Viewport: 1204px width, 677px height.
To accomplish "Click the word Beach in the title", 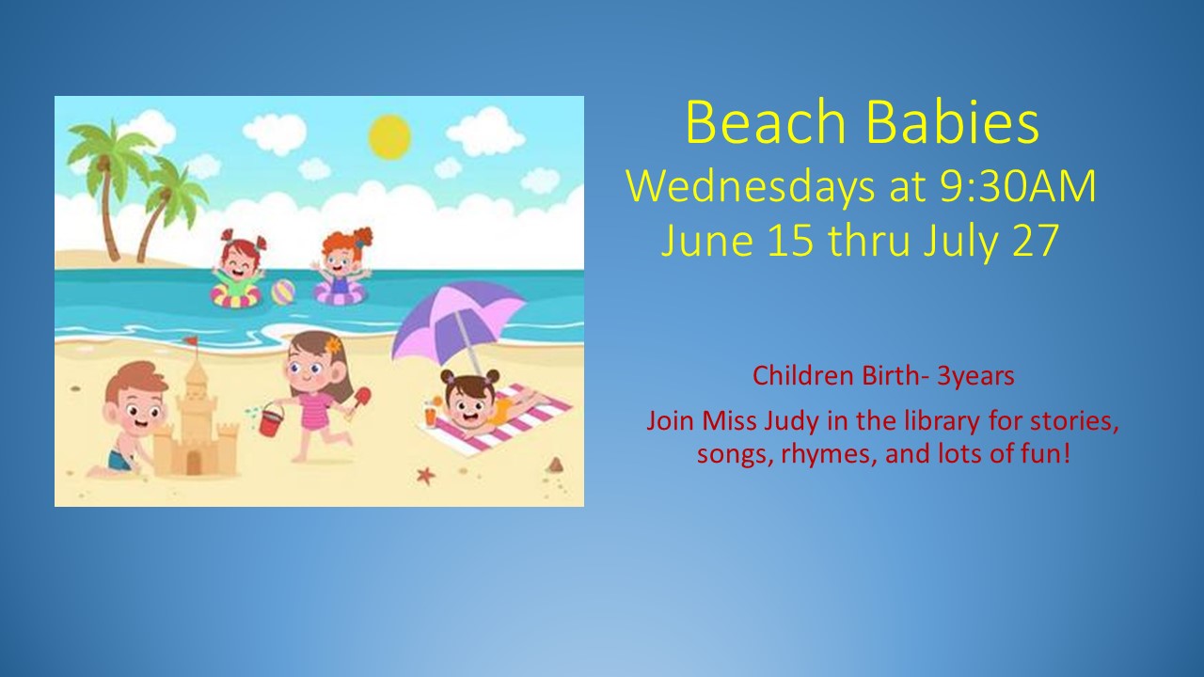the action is [766, 122].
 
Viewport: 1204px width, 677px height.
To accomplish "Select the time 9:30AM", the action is [1018, 186].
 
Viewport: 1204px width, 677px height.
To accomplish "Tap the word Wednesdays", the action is [751, 187].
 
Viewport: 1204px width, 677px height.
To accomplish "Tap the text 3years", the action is [975, 376].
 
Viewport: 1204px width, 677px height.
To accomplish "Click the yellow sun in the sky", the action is [389, 136].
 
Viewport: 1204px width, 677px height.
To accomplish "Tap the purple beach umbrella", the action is [458, 323].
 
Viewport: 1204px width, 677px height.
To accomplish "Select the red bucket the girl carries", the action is [272, 420].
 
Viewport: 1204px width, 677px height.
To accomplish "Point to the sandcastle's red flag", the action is [191, 340].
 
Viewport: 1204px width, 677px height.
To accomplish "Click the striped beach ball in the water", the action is [283, 291].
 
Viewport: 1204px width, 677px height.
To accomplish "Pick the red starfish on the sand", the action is [426, 475].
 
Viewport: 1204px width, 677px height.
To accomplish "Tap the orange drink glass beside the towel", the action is [431, 416].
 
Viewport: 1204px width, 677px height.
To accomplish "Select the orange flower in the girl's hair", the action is [334, 344].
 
